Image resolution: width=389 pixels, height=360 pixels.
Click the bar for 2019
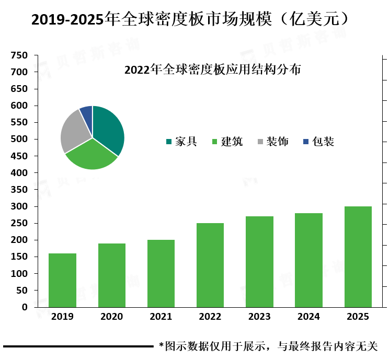click(62, 280)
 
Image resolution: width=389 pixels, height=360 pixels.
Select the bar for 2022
click(210, 265)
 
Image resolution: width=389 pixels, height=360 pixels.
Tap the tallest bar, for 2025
click(358, 257)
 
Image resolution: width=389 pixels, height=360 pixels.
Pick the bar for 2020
click(112, 275)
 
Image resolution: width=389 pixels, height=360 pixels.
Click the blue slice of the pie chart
click(87, 114)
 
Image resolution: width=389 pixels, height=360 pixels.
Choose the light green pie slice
click(92, 156)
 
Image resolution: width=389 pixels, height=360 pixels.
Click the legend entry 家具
click(181, 142)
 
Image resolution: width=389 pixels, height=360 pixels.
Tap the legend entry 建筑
click(227, 142)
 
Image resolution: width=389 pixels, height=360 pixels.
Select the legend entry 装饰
click(273, 142)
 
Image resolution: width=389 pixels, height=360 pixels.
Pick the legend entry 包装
click(318, 142)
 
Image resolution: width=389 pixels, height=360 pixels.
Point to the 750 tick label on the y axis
click(19, 55)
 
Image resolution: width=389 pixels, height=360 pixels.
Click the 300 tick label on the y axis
click(19, 206)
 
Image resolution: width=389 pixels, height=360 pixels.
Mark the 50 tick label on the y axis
click(22, 291)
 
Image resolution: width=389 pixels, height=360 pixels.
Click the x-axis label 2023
click(259, 317)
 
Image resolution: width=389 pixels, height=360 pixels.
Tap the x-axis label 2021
click(161, 317)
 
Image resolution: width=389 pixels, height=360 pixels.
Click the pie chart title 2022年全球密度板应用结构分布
click(213, 69)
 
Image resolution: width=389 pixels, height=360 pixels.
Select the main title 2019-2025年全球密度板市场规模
click(151, 19)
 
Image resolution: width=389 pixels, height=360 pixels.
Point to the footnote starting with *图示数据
click(268, 346)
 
